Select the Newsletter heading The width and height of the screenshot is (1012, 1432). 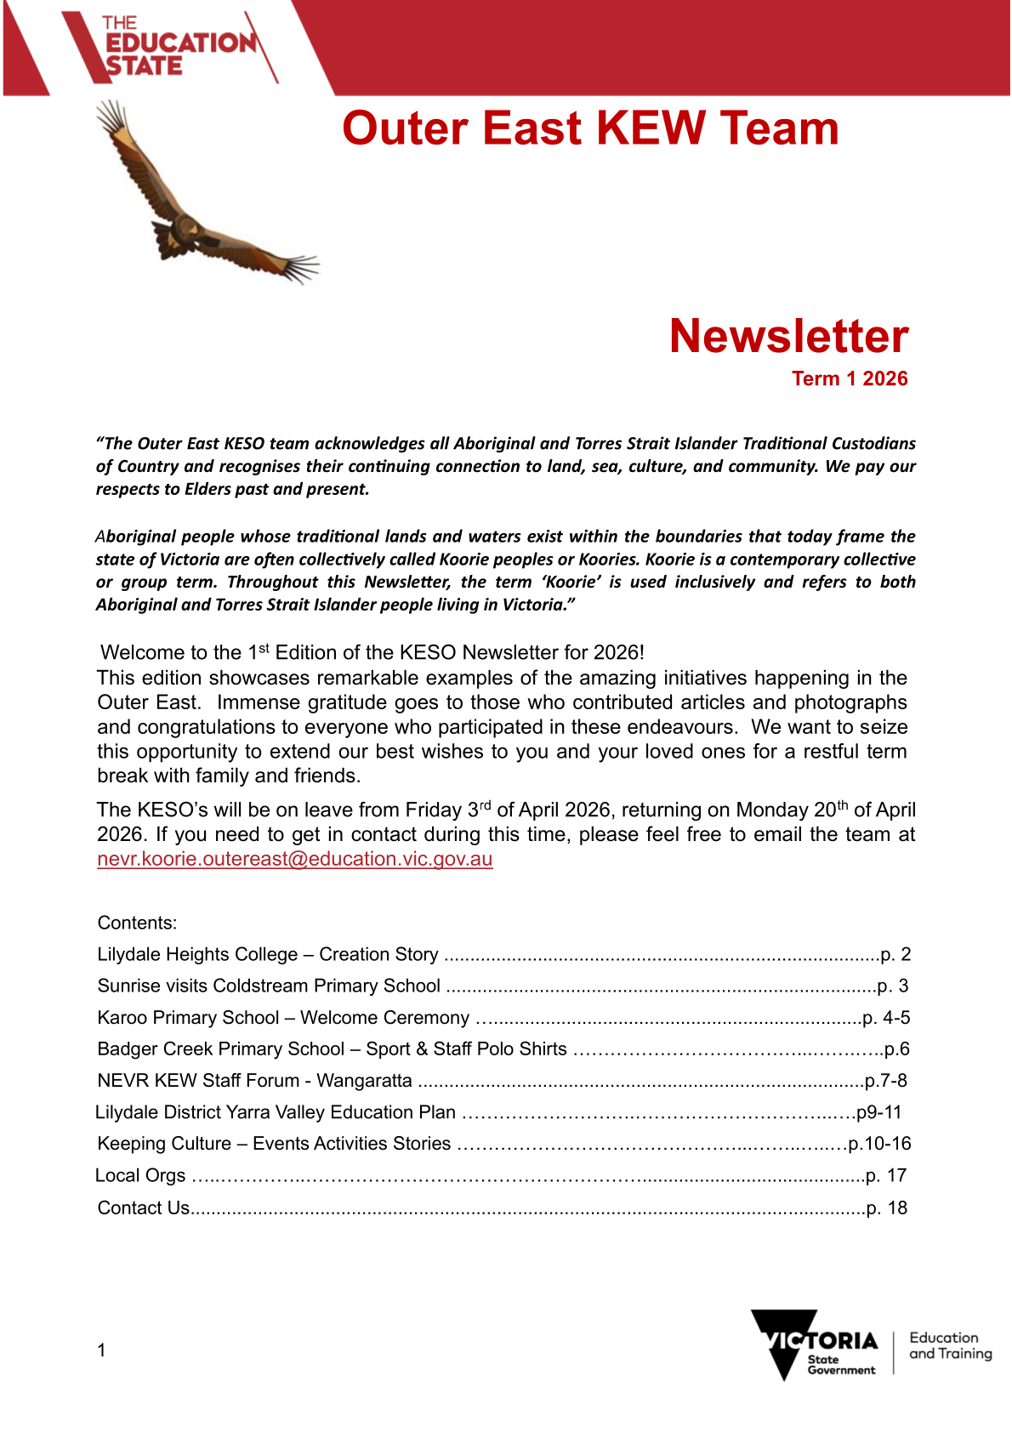788,336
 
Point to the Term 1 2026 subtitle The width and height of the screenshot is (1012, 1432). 850,378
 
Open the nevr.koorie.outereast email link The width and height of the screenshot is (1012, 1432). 294,859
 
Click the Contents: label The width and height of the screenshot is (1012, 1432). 137,923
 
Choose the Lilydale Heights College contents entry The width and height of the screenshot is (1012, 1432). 268,954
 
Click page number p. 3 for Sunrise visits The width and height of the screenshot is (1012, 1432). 893,986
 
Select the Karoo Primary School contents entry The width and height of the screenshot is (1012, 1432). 283,1017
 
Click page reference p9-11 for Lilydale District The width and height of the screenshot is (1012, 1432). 878,1111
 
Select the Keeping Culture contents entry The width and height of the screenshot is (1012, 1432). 274,1143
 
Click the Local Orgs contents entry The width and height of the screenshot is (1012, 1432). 140,1175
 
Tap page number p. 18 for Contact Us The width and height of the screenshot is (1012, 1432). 886,1208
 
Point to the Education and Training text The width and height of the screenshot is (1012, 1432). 950,1345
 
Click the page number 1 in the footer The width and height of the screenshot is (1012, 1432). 101,1350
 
